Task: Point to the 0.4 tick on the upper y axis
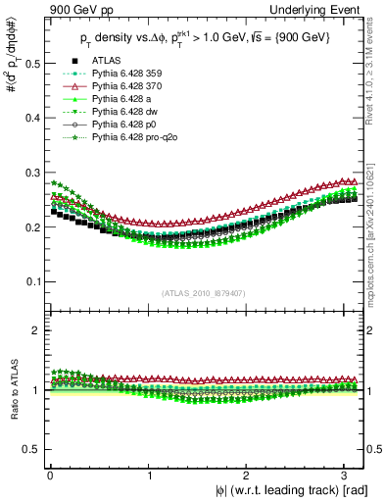[31, 118]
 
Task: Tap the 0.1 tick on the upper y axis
[31, 281]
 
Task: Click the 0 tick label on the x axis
[49, 474]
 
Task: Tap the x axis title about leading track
[278, 489]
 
